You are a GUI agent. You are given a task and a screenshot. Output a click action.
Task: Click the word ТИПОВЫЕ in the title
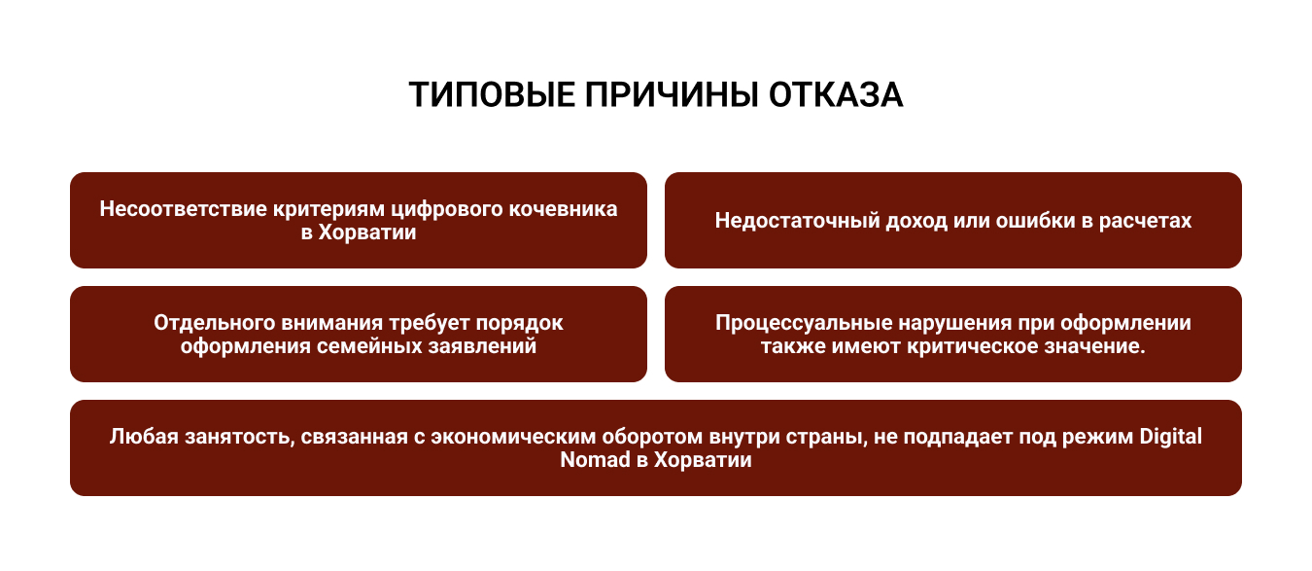pyautogui.click(x=492, y=95)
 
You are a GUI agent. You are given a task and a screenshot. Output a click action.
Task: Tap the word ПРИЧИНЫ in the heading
pyautogui.click(x=672, y=95)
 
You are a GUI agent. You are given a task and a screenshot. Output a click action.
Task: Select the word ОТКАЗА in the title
pyautogui.click(x=836, y=95)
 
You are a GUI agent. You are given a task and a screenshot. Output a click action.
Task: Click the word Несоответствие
pyautogui.click(x=184, y=209)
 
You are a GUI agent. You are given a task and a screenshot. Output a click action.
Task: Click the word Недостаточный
pyautogui.click(x=797, y=221)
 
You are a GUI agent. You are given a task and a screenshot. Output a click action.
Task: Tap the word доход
pyautogui.click(x=916, y=221)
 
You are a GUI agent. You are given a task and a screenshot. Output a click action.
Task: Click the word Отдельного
pyautogui.click(x=215, y=323)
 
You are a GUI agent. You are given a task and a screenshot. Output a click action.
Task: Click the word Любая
pyautogui.click(x=144, y=437)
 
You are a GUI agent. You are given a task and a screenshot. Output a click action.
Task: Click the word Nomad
pyautogui.click(x=595, y=460)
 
